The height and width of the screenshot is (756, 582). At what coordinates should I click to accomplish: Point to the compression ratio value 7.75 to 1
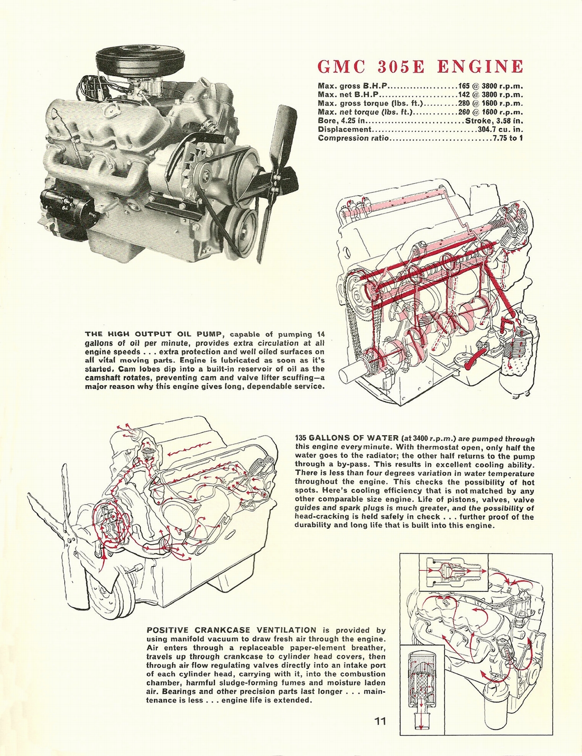507,138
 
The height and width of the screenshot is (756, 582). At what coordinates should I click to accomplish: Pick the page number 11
381,721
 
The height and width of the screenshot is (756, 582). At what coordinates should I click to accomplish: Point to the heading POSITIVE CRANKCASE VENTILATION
231,630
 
